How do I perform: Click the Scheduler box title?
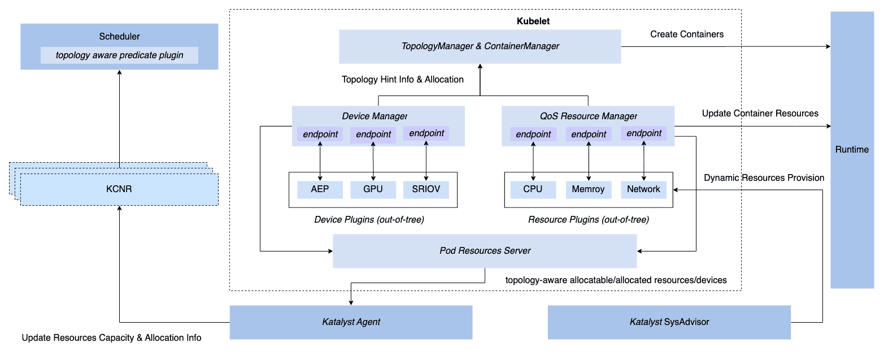pyautogui.click(x=119, y=36)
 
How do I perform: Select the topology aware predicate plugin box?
pyautogui.click(x=119, y=55)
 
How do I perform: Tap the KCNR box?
pyautogui.click(x=119, y=189)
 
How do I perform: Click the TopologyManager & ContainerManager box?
pyautogui.click(x=480, y=46)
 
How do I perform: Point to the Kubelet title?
pyautogui.click(x=533, y=21)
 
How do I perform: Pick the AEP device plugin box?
pyautogui.click(x=320, y=189)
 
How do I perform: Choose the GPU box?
pyautogui.click(x=373, y=189)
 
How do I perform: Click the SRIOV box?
pyautogui.click(x=426, y=189)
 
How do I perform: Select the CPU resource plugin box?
pyautogui.click(x=532, y=189)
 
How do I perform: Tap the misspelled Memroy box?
pyautogui.click(x=589, y=189)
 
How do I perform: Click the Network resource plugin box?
pyautogui.click(x=643, y=189)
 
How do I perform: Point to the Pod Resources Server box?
pyautogui.click(x=485, y=250)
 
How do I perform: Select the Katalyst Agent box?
pyautogui.click(x=351, y=322)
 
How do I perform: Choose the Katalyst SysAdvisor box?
pyautogui.click(x=669, y=322)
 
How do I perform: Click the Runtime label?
pyautogui.click(x=852, y=150)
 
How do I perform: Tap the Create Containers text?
pyautogui.click(x=686, y=34)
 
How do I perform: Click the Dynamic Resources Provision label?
pyautogui.click(x=764, y=178)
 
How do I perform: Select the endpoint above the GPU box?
pyautogui.click(x=373, y=135)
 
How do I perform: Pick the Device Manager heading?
pyautogui.click(x=374, y=116)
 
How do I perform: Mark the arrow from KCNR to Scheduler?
pyautogui.click(x=119, y=119)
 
